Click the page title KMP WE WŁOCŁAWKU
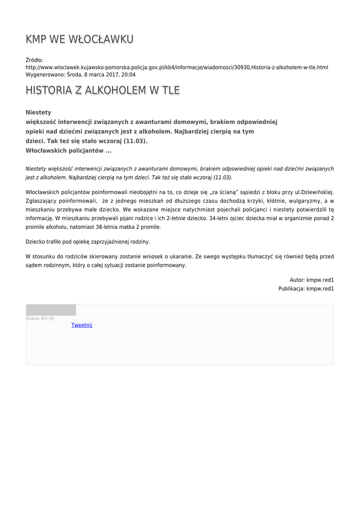pyautogui.click(x=79, y=39)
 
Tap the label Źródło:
pyautogui.click(x=34, y=60)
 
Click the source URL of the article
pyautogui.click(x=177, y=67)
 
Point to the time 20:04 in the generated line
pyautogui.click(x=129, y=74)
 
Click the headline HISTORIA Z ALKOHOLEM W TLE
pyautogui.click(x=102, y=90)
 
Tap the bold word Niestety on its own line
pyautogui.click(x=38, y=113)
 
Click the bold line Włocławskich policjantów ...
pyautogui.click(x=68, y=150)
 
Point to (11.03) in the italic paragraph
pyautogui.click(x=222, y=177)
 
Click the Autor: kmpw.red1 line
pyautogui.click(x=312, y=280)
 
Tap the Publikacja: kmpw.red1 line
pyautogui.click(x=306, y=288)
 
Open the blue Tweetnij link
pyautogui.click(x=81, y=325)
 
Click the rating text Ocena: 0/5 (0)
pyautogui.click(x=40, y=318)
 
